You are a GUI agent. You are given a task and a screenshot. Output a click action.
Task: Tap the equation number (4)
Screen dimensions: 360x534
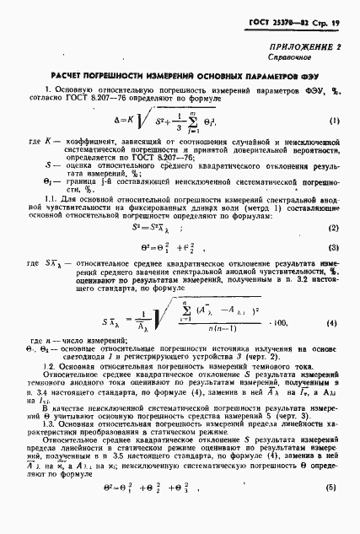pyautogui.click(x=334, y=324)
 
